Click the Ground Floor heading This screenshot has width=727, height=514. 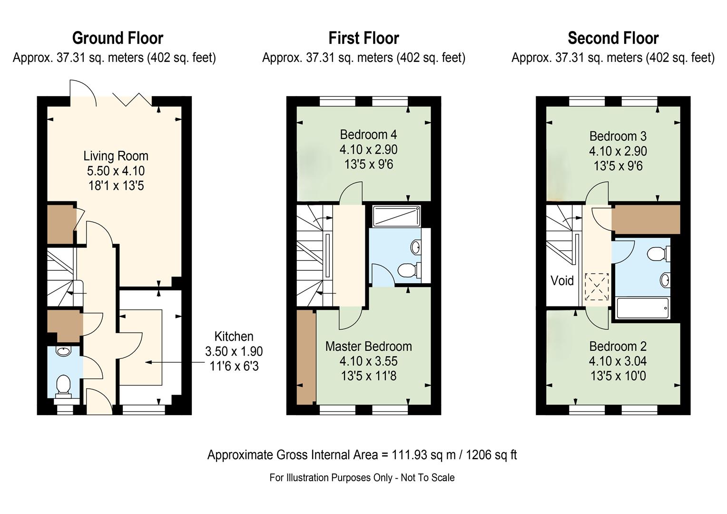(118, 39)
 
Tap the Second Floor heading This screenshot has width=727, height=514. (613, 39)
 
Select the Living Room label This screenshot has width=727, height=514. (116, 156)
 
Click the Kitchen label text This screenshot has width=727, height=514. (234, 336)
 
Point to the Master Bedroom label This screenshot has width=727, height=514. (369, 346)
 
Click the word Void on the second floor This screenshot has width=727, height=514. (562, 280)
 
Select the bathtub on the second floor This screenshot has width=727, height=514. (643, 308)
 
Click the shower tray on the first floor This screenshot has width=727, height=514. (397, 216)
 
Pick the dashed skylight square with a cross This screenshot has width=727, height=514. (597, 287)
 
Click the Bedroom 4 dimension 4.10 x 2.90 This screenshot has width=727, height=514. (369, 150)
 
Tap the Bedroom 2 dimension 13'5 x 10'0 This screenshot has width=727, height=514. (618, 376)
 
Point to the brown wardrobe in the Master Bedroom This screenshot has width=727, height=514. (306, 357)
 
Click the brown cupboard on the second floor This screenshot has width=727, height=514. (646, 219)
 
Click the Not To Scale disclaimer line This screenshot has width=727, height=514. (362, 478)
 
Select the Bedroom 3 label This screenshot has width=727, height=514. (618, 136)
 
